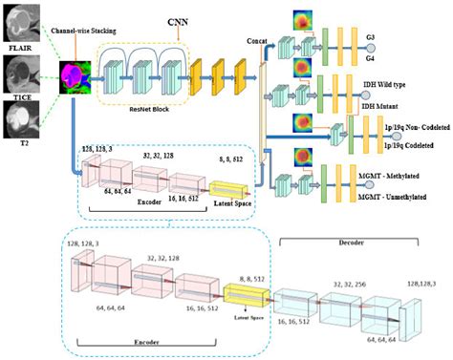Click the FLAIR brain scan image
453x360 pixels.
pos(20,20)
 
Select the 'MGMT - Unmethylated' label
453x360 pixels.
pos(399,197)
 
